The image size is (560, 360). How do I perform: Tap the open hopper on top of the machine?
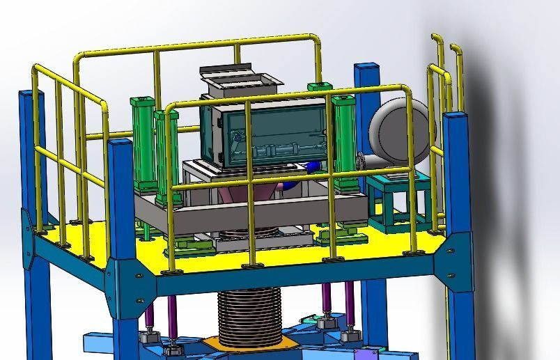click(241, 81)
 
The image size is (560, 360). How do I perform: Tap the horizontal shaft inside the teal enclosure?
click(279, 150)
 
